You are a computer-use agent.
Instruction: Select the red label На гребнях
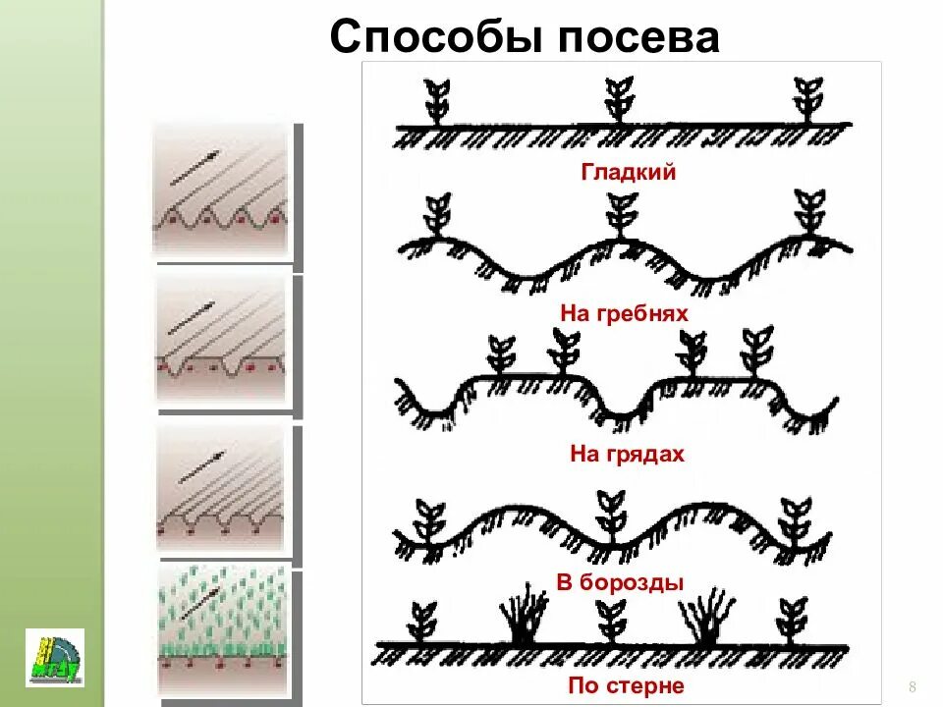[624, 313]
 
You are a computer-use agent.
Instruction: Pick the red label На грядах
[627, 455]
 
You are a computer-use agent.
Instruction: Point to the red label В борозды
[620, 581]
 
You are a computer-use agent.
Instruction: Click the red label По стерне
[626, 685]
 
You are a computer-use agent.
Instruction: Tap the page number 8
[913, 685]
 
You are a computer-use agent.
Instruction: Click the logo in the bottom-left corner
[54, 657]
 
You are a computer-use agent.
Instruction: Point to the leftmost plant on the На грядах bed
[502, 354]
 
